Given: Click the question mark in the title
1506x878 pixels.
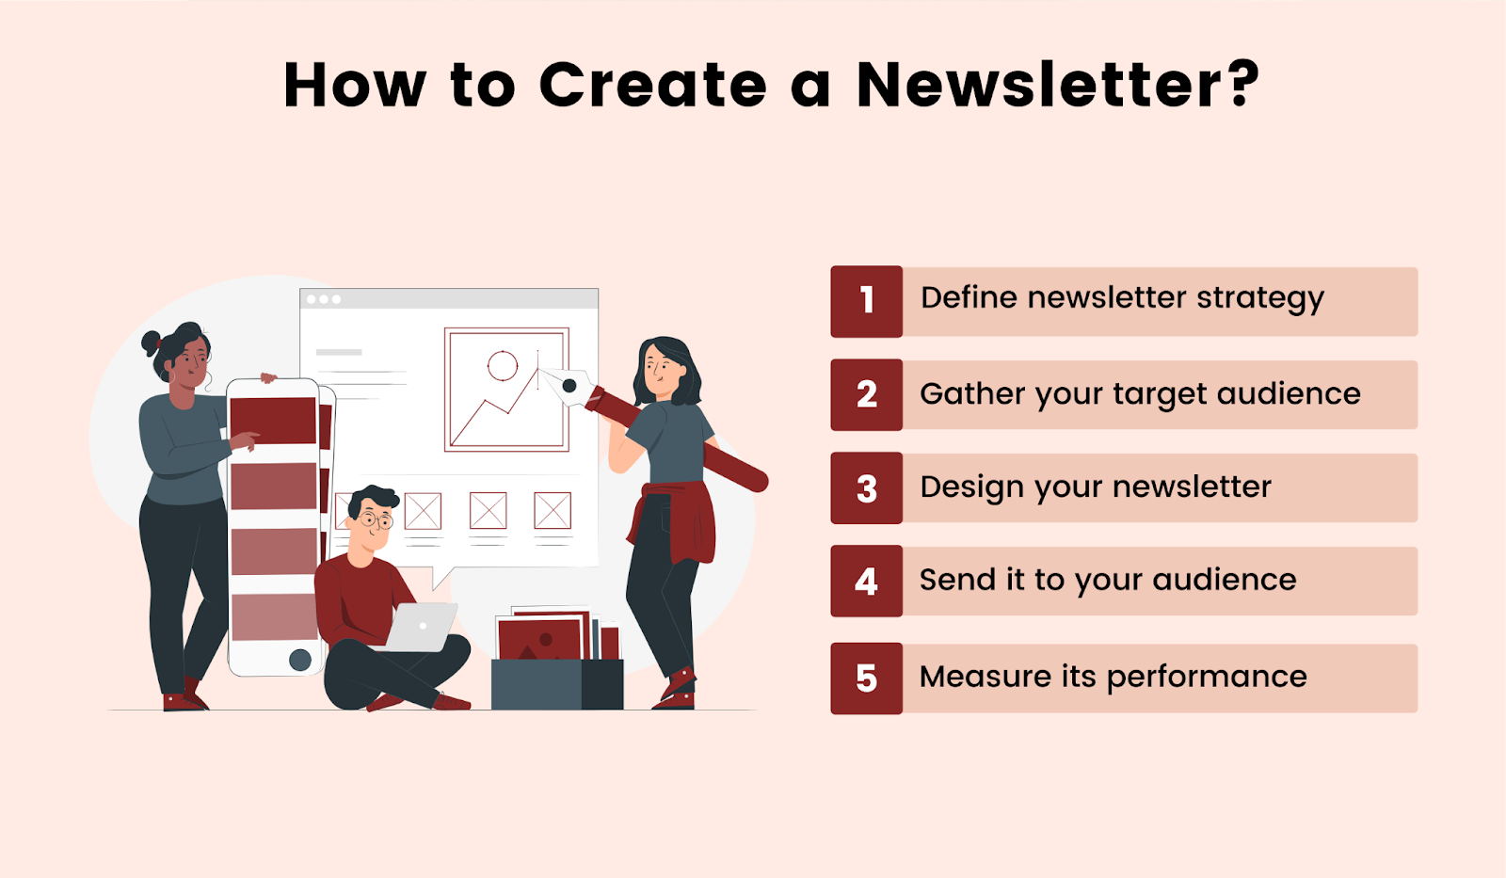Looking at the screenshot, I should point(1243,85).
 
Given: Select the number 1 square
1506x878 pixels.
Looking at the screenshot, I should point(866,301).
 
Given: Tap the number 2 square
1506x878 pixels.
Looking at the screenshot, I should point(866,394).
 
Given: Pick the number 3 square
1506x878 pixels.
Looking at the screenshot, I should point(866,488).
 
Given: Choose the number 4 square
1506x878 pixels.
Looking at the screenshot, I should point(866,582).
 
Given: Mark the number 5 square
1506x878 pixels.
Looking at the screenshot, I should point(866,678).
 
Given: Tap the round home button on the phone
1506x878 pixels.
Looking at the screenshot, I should point(300,660).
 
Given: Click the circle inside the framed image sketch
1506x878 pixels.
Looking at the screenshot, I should point(503,365).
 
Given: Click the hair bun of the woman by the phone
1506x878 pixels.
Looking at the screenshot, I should point(151,342).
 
